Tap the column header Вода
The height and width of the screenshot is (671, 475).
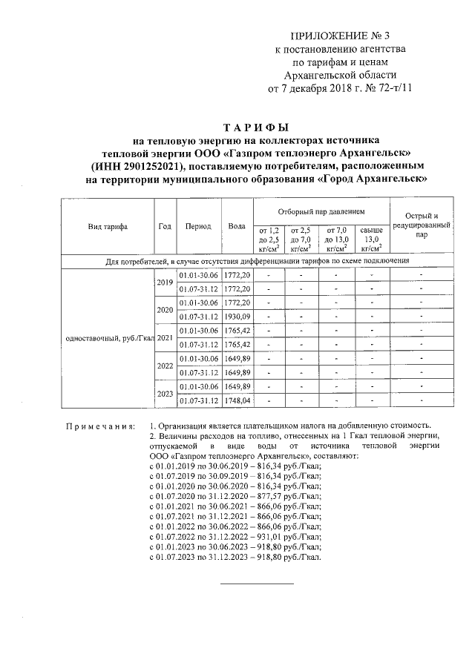[x=237, y=227]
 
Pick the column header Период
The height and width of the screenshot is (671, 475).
[x=199, y=227]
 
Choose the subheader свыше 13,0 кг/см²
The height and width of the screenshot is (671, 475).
[x=371, y=239]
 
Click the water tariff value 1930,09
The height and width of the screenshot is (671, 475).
[x=237, y=316]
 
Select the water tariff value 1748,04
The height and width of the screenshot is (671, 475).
[x=237, y=401]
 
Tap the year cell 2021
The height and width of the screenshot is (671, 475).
[x=165, y=338]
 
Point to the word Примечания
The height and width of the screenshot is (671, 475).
[x=99, y=427]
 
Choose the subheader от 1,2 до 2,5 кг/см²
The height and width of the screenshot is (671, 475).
[x=268, y=239]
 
